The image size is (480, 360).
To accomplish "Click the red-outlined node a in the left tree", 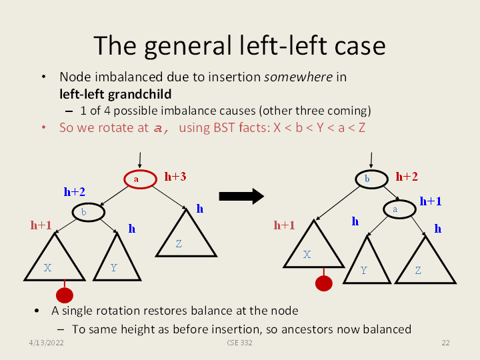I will pos(137,179).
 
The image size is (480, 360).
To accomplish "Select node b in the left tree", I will pos(88,212).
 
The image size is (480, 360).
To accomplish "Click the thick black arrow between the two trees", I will pos(241,196).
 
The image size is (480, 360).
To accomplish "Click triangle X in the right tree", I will pos(309,250).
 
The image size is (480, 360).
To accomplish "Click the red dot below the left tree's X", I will pos(65,295).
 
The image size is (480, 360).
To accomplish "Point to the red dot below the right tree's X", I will pos(324,283).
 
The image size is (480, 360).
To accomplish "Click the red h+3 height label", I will pos(175,177).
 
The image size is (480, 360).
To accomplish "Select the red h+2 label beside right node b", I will pos(407,177).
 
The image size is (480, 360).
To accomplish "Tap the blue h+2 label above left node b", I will pos(74,192).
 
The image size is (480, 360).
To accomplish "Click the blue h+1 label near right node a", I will pos(431,201).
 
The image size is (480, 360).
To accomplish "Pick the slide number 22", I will pos(445,343).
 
